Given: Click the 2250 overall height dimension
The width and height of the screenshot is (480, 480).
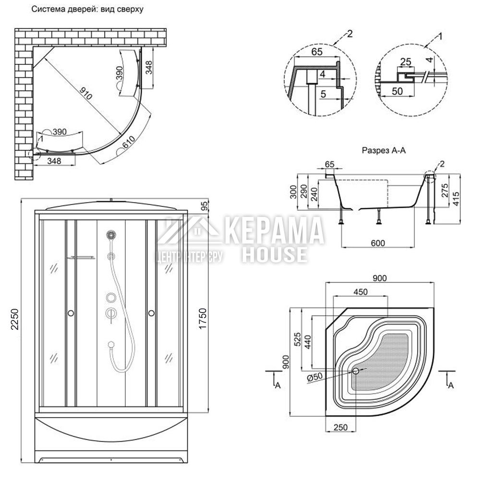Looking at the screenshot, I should tap(14, 319).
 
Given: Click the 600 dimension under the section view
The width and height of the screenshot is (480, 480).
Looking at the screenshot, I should tap(378, 243).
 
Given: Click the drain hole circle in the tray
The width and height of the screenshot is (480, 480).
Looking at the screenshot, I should tap(356, 371).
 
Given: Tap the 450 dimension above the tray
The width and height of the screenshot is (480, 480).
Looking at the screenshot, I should tap(360, 292).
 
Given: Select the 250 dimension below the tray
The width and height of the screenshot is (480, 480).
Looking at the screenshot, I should tap(340, 427).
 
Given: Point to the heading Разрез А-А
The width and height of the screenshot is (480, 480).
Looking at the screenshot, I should tap(384, 150).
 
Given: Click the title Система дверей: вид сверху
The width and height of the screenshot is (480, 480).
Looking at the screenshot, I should tap(87, 9).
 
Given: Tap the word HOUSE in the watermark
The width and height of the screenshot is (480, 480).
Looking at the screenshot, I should tap(274, 254).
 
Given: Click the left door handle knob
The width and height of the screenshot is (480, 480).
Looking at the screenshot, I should tap(71, 313).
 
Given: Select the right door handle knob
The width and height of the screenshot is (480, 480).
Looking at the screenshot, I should tap(151, 313).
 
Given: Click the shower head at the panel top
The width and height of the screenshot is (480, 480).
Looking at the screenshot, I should tap(111, 235).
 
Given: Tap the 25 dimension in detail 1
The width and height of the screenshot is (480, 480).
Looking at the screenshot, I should tap(406, 61).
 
